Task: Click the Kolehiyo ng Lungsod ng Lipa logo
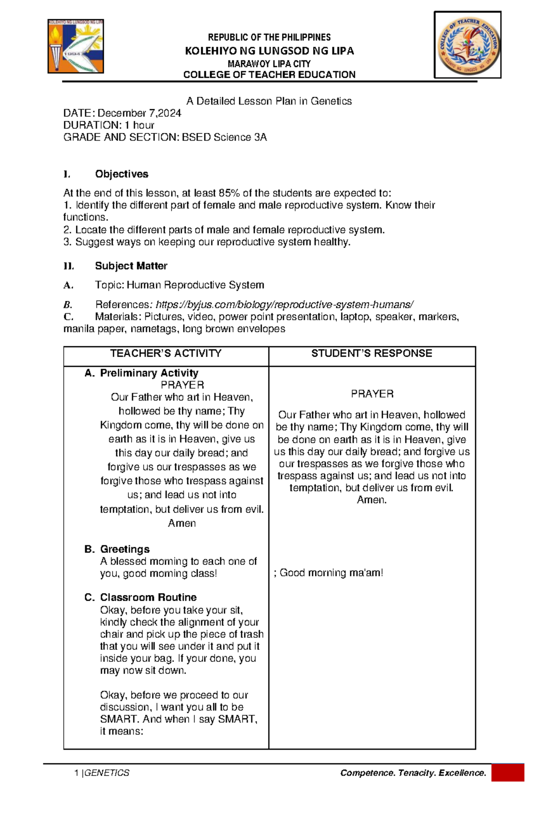tap(75, 46)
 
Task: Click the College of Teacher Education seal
tap(467, 45)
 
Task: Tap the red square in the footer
tap(508, 773)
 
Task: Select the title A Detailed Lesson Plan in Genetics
tap(269, 101)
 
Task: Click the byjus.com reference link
tap(284, 304)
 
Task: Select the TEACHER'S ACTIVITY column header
tap(166, 353)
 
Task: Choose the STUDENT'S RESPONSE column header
tap(371, 353)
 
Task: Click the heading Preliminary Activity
tap(149, 373)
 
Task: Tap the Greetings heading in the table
tap(124, 549)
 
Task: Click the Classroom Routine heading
tap(148, 597)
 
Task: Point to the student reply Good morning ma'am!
tap(331, 573)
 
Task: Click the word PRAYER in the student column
tap(372, 394)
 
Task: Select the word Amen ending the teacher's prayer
tap(181, 523)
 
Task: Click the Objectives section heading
tap(121, 174)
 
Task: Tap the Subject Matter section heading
tap(131, 266)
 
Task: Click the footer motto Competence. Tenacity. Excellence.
tap(413, 773)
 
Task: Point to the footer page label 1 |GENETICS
tap(102, 773)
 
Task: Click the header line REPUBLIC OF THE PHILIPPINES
tap(269, 37)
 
